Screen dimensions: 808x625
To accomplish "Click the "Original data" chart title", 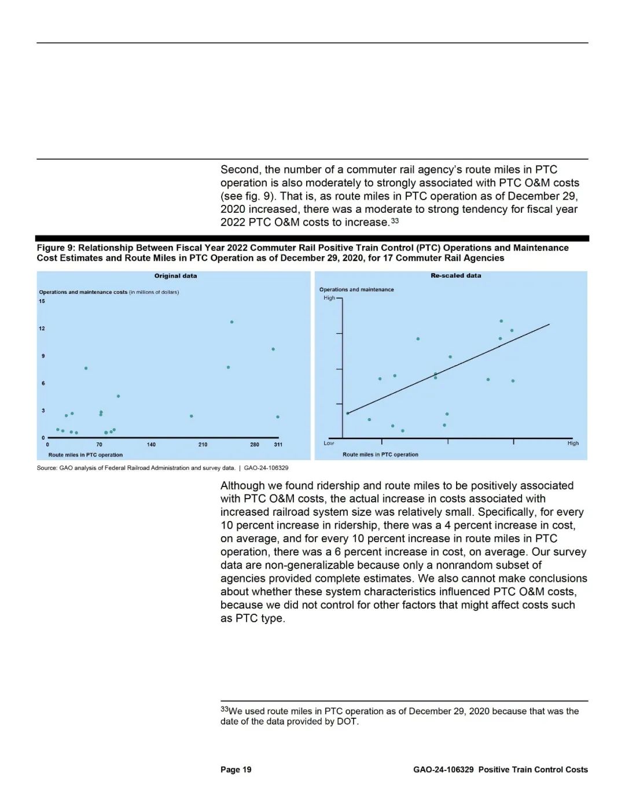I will (175, 276).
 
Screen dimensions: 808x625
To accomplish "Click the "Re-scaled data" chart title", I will (455, 275).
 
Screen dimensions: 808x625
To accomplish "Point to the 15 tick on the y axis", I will (42, 301).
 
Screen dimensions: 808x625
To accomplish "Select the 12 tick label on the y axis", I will (42, 329).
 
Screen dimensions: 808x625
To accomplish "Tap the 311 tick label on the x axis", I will (278, 445).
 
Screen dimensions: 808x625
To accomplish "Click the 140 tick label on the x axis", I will (151, 445).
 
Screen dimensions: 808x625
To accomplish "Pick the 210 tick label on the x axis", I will (203, 445).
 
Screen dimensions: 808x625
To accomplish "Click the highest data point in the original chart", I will (231, 322).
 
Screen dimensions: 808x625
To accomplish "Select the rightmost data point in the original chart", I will (278, 416).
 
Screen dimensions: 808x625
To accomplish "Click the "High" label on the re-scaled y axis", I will (329, 298).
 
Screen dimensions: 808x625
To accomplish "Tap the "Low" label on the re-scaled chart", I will (329, 443).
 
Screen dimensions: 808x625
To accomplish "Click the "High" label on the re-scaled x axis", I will (573, 443).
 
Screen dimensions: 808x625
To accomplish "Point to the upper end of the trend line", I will (549, 324).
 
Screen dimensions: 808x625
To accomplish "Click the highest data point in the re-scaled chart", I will (501, 321).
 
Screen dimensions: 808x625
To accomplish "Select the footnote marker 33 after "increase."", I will (395, 220).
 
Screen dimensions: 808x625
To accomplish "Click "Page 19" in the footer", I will (236, 769).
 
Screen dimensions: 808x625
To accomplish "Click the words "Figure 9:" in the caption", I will (56, 248).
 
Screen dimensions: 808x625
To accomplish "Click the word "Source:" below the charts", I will (47, 467).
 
